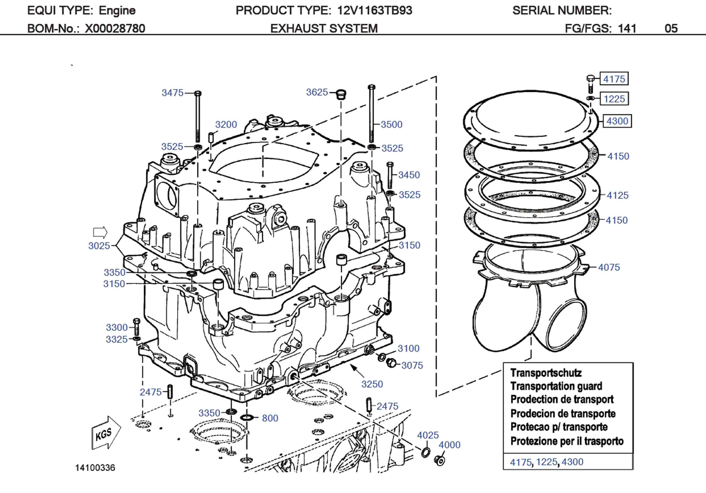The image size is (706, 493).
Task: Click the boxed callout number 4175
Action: click(x=614, y=79)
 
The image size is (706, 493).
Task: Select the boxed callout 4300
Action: click(x=617, y=121)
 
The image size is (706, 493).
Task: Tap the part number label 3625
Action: click(x=317, y=92)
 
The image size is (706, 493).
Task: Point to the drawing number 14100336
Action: click(x=95, y=468)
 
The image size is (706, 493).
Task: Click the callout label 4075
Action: click(x=609, y=267)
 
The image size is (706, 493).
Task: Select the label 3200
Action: click(x=226, y=124)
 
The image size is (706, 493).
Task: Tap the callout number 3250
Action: click(x=372, y=384)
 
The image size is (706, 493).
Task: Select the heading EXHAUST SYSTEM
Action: click(x=324, y=28)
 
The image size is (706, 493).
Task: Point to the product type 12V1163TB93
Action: click(x=375, y=10)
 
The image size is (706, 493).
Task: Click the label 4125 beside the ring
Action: click(x=617, y=195)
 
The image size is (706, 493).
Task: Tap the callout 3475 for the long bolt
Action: click(x=172, y=92)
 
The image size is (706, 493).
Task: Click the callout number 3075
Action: click(x=412, y=365)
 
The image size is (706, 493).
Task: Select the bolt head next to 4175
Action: click(x=590, y=79)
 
